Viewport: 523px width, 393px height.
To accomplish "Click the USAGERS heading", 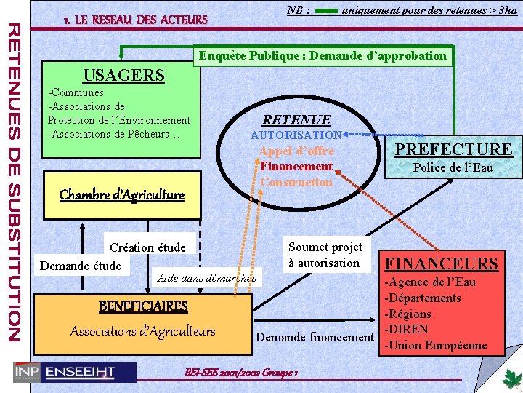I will pyautogui.click(x=123, y=75).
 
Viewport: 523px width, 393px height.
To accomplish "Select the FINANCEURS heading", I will pyautogui.click(x=441, y=263).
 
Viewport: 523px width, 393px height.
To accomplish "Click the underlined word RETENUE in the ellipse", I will pyautogui.click(x=296, y=120).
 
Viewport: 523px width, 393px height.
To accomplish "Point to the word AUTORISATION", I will pyautogui.click(x=296, y=135).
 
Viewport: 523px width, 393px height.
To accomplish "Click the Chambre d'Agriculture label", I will pyautogui.click(x=121, y=194).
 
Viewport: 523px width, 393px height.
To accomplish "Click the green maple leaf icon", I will pyautogui.click(x=511, y=378).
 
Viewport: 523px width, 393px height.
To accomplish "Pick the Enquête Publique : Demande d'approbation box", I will pyautogui.click(x=323, y=56).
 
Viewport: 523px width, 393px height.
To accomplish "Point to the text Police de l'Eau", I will pyautogui.click(x=453, y=168).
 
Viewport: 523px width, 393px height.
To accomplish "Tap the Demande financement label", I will pyautogui.click(x=315, y=337).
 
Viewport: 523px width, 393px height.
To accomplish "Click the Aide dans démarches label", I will pyautogui.click(x=206, y=277).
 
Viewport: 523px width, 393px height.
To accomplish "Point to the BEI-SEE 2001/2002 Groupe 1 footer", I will pyautogui.click(x=243, y=371).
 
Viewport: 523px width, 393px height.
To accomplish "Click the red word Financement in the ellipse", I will pyautogui.click(x=296, y=167).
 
